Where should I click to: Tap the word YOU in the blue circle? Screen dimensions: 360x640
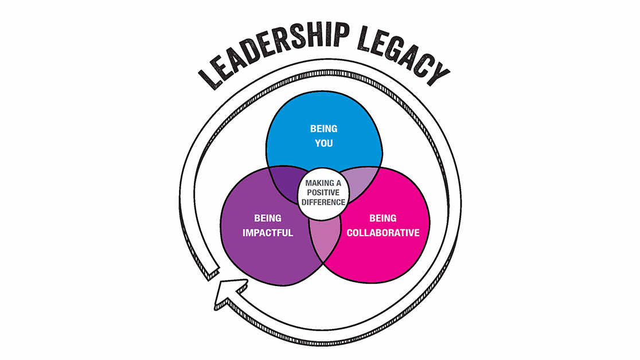coord(323,143)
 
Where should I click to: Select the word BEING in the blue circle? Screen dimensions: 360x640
coord(323,129)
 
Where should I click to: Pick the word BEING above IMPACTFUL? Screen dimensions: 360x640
coord(268,218)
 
